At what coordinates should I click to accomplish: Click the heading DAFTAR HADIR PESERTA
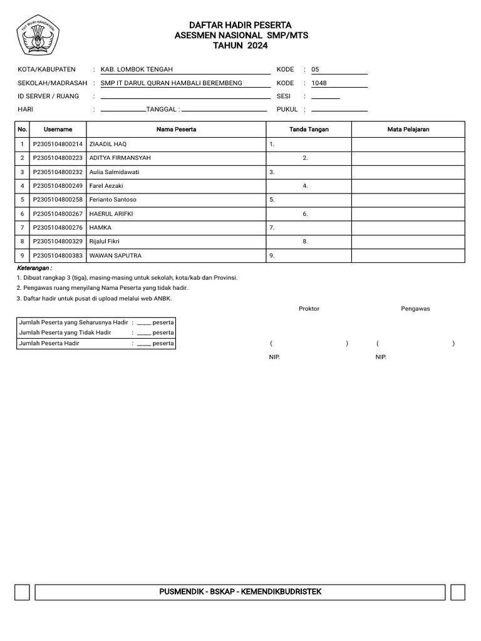click(240, 25)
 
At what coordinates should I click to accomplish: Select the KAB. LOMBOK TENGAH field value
click(137, 69)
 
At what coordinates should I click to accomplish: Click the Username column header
click(58, 130)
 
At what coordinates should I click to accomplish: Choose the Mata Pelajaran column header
click(408, 130)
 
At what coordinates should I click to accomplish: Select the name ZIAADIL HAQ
click(108, 144)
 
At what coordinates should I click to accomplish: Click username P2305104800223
click(58, 158)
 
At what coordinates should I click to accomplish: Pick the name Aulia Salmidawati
click(114, 172)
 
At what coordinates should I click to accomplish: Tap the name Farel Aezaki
click(106, 186)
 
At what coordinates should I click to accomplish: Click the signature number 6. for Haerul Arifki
click(305, 213)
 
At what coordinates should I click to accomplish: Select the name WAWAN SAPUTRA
click(115, 255)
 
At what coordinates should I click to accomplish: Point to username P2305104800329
click(58, 241)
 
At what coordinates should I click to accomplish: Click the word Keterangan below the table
click(34, 267)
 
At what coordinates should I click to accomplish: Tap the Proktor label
click(309, 309)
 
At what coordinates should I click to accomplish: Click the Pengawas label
click(415, 309)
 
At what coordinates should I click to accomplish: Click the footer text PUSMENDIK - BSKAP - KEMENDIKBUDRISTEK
click(240, 592)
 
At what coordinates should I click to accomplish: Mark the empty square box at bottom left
click(22, 592)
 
